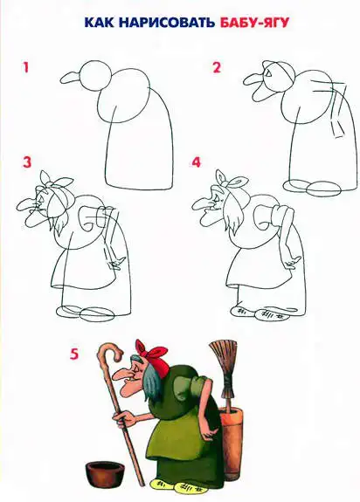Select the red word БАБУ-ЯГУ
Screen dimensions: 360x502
(x=255, y=23)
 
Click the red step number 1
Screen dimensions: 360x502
(x=26, y=68)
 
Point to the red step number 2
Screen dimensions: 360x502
(x=217, y=68)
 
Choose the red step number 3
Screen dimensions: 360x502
(x=27, y=162)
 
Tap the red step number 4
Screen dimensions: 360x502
(x=196, y=162)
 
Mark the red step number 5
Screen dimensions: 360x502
(x=74, y=354)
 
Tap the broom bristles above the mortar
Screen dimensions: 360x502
(x=225, y=358)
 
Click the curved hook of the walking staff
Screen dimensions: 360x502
(x=110, y=351)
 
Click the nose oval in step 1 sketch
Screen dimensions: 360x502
(x=71, y=78)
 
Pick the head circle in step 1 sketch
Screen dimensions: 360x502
(x=95, y=74)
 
